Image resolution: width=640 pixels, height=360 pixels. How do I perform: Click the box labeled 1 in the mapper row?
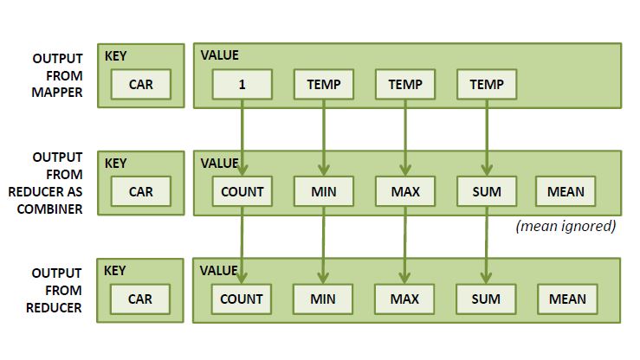tap(242, 85)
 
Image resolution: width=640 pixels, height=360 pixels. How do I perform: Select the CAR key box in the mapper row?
tap(140, 85)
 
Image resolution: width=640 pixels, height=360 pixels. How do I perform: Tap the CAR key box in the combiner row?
tap(140, 192)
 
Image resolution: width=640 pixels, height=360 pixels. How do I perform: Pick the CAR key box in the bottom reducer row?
tap(140, 299)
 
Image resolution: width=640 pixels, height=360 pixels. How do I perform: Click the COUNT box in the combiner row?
tap(242, 192)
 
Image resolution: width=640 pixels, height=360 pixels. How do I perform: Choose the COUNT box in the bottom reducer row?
tap(242, 299)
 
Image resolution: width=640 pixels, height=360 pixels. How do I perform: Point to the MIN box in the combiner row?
tap(323, 192)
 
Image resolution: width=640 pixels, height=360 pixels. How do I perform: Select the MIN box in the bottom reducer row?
tap(323, 299)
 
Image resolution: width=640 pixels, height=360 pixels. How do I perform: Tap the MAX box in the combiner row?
tap(404, 192)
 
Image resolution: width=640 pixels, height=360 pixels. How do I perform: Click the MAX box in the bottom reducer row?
tap(404, 299)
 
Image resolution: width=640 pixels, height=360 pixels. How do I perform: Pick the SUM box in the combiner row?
tap(486, 192)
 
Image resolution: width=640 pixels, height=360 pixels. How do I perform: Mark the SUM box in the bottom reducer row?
tap(486, 299)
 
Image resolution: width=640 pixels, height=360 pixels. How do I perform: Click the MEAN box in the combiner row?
tap(566, 192)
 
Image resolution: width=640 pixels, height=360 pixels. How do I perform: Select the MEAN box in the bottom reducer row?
tap(567, 299)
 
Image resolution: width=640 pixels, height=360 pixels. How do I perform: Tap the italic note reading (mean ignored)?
tap(565, 227)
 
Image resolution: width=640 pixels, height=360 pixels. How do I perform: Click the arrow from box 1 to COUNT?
tap(242, 134)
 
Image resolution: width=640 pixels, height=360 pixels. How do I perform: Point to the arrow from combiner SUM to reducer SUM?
tap(486, 242)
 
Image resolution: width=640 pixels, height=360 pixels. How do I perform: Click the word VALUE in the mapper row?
tap(220, 55)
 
